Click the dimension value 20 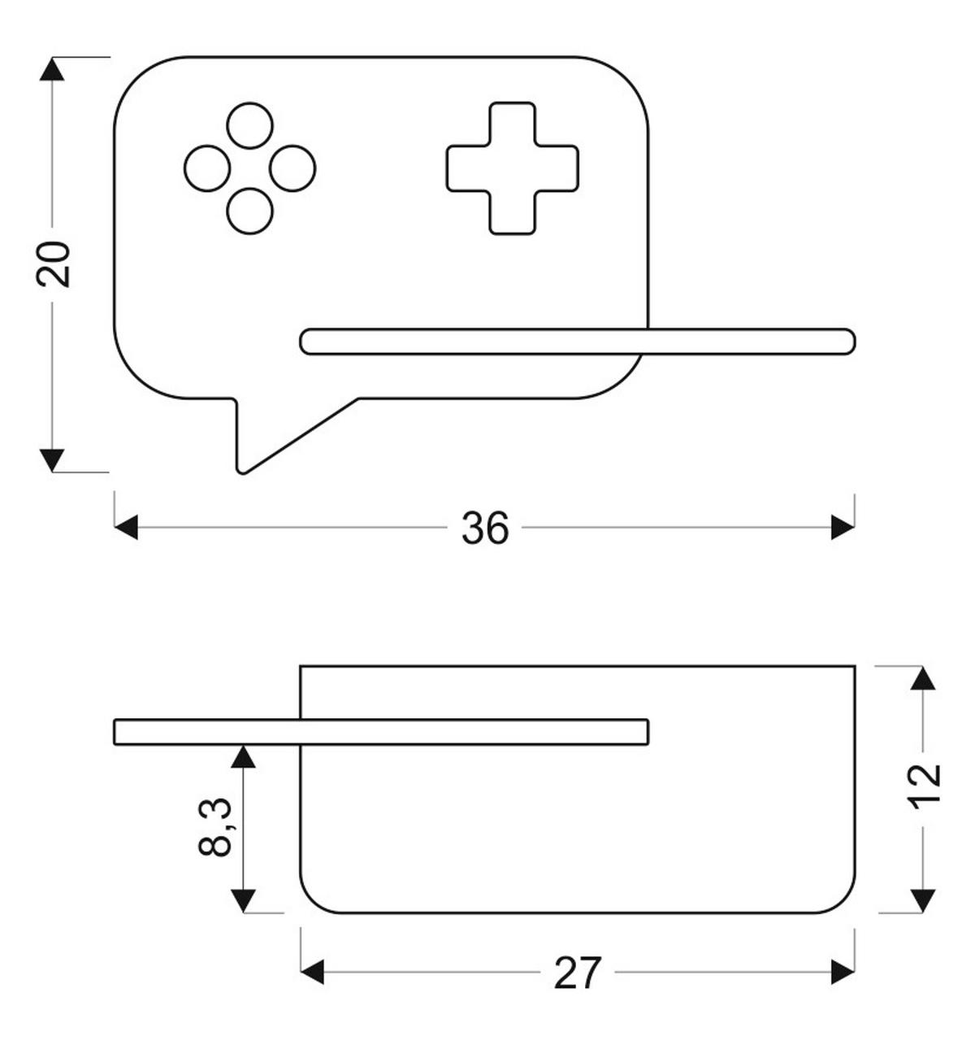53,264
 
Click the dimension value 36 485,528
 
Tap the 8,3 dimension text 214,827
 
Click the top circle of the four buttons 249,126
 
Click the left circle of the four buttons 207,168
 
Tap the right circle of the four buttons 292,168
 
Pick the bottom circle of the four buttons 249,211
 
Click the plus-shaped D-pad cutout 512,168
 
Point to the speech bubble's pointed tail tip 242,472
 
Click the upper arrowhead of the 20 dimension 52,69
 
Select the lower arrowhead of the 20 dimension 52,460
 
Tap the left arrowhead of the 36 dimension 126,527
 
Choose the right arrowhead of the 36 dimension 843,527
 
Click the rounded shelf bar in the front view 578,342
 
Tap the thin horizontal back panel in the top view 381,732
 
